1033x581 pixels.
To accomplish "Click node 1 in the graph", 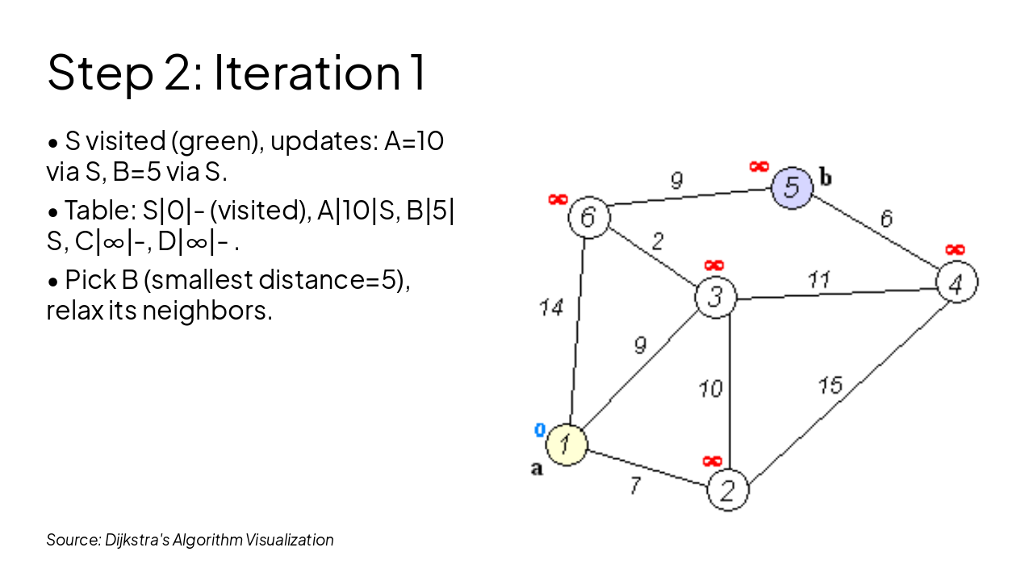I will (567, 445).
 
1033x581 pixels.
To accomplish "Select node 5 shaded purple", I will (792, 187).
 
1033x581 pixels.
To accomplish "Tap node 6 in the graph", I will (588, 218).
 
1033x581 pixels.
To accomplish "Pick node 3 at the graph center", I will (715, 298).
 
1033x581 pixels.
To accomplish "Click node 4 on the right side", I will (956, 283).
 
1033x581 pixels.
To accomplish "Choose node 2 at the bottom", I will (728, 491).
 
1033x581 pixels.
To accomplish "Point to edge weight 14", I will (550, 307).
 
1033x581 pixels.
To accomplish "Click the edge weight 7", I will (636, 486).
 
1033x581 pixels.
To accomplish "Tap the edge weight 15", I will (830, 385).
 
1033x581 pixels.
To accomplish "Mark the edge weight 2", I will (657, 240).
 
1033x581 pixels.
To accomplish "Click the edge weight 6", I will (886, 218).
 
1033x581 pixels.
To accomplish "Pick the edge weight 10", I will (710, 390).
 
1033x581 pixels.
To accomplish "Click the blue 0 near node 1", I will (540, 430).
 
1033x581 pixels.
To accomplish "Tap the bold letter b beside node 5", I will (825, 177).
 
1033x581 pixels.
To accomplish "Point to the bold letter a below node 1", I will (537, 468).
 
